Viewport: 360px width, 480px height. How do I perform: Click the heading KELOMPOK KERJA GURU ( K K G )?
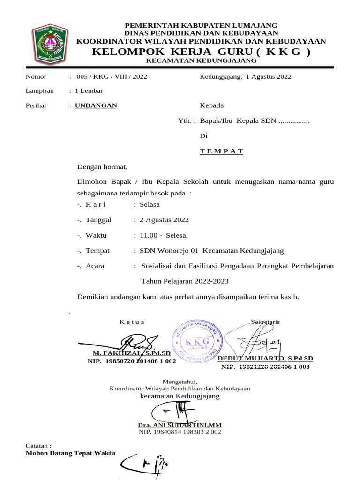click(x=201, y=52)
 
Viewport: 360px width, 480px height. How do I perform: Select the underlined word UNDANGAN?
click(x=96, y=105)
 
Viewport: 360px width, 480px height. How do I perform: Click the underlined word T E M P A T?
click(x=221, y=151)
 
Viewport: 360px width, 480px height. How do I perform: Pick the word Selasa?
click(x=150, y=204)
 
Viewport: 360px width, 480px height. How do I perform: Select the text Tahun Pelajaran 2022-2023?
click(x=185, y=281)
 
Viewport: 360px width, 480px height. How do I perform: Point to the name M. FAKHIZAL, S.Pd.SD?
click(x=133, y=353)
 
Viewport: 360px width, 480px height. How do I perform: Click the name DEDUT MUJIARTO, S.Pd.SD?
click(x=265, y=359)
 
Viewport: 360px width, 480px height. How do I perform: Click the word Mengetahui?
click(x=180, y=381)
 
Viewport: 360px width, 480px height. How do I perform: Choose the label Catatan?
click(x=38, y=446)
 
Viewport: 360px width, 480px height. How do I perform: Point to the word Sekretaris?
click(x=265, y=322)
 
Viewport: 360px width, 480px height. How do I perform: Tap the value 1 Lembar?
click(x=89, y=91)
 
